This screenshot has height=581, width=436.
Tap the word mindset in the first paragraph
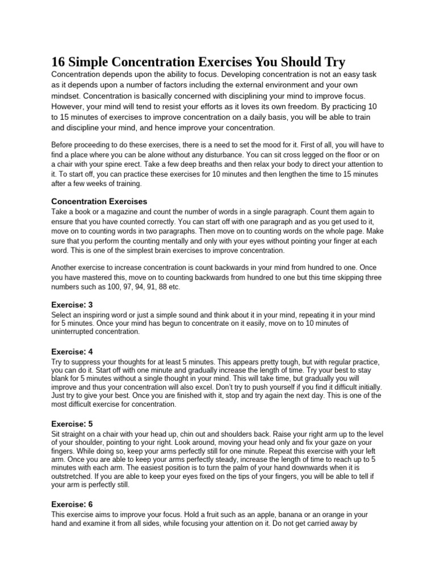[67, 96]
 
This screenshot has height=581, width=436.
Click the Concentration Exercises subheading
[99, 201]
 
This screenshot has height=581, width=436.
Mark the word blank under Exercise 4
[62, 379]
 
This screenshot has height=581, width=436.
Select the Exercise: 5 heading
[72, 423]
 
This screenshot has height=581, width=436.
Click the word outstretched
[72, 477]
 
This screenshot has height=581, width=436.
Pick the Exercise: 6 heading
[72, 504]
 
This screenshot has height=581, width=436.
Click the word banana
[286, 514]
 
